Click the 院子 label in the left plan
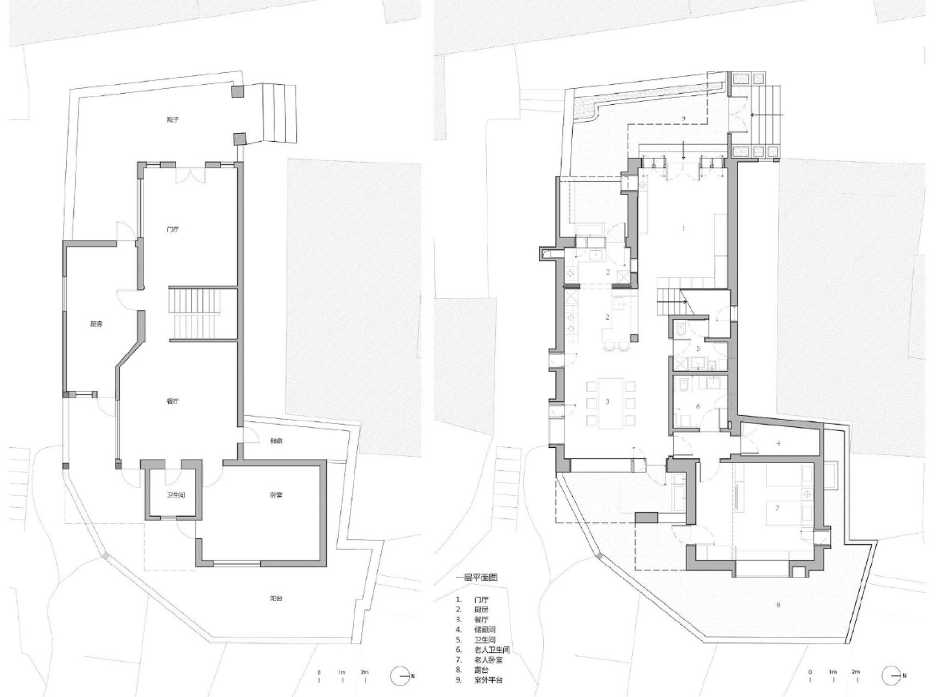(x=173, y=119)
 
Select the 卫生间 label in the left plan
(x=176, y=495)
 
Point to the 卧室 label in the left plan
(x=276, y=495)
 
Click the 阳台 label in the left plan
(x=276, y=598)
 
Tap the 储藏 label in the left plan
(x=276, y=441)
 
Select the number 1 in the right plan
(x=684, y=228)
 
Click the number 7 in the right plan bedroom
(x=777, y=508)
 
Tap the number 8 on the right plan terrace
(x=779, y=605)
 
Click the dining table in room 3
(x=607, y=402)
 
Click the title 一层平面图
(x=476, y=578)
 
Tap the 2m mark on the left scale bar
(x=365, y=673)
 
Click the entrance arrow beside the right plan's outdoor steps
(x=766, y=115)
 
